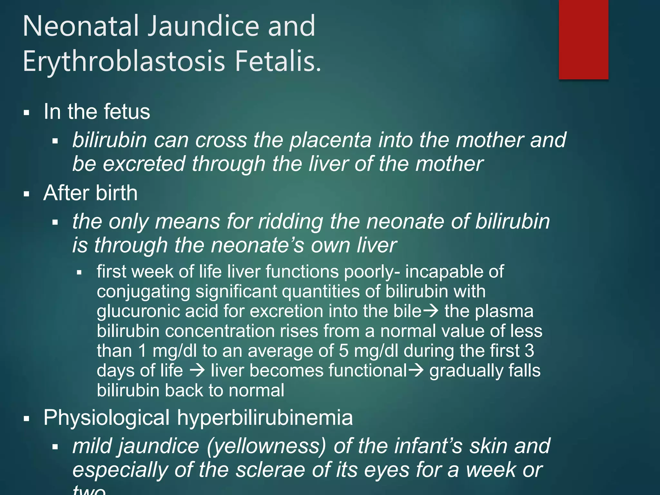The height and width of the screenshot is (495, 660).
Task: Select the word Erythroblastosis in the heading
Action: [124, 61]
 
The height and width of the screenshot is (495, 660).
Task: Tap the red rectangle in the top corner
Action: [583, 39]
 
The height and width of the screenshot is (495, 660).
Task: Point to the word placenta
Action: [331, 140]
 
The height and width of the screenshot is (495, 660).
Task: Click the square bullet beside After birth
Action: [27, 194]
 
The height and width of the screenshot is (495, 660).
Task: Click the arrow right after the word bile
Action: [431, 311]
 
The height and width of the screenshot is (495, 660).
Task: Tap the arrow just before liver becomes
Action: [197, 371]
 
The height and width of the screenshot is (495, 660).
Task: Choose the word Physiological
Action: [107, 418]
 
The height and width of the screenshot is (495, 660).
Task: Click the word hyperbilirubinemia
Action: [265, 418]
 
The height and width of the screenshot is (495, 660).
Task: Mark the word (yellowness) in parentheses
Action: [266, 446]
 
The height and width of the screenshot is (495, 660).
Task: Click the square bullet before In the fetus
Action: [27, 113]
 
